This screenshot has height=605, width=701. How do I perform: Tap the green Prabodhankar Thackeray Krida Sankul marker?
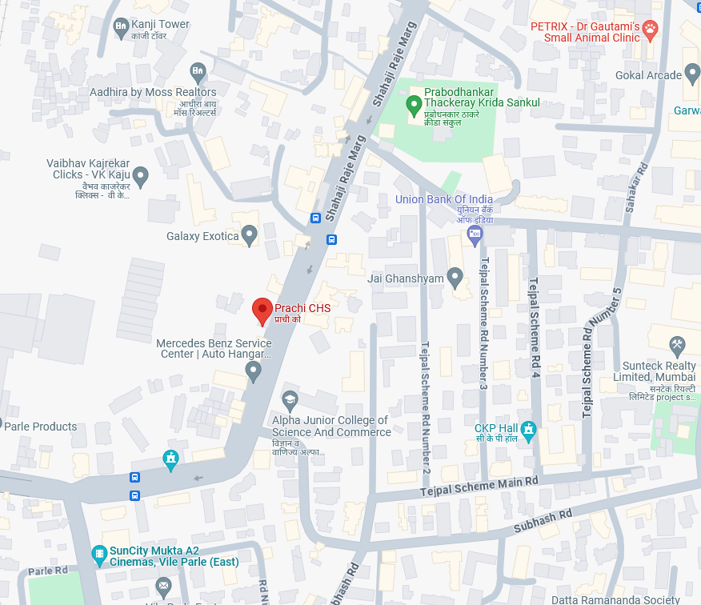click(414, 103)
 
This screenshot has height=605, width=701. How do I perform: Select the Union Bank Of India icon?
click(475, 234)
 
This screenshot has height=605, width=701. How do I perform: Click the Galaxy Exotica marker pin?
click(249, 235)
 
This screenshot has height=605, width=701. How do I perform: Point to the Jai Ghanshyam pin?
click(455, 278)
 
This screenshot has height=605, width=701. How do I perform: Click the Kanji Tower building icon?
click(121, 28)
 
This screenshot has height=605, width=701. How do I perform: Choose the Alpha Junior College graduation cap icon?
click(290, 399)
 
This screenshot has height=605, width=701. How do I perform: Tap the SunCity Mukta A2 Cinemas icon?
click(99, 554)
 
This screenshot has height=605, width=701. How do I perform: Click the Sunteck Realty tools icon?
click(677, 347)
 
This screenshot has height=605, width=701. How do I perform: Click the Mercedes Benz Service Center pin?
click(253, 371)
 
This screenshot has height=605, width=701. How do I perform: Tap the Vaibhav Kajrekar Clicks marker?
click(141, 175)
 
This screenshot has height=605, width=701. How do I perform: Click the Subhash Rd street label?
click(543, 522)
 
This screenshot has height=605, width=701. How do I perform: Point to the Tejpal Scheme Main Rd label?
click(480, 487)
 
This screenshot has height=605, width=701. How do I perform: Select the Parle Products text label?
click(41, 427)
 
